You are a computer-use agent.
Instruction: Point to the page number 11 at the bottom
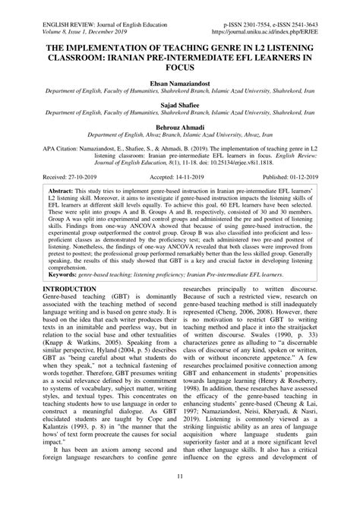(179, 497)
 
